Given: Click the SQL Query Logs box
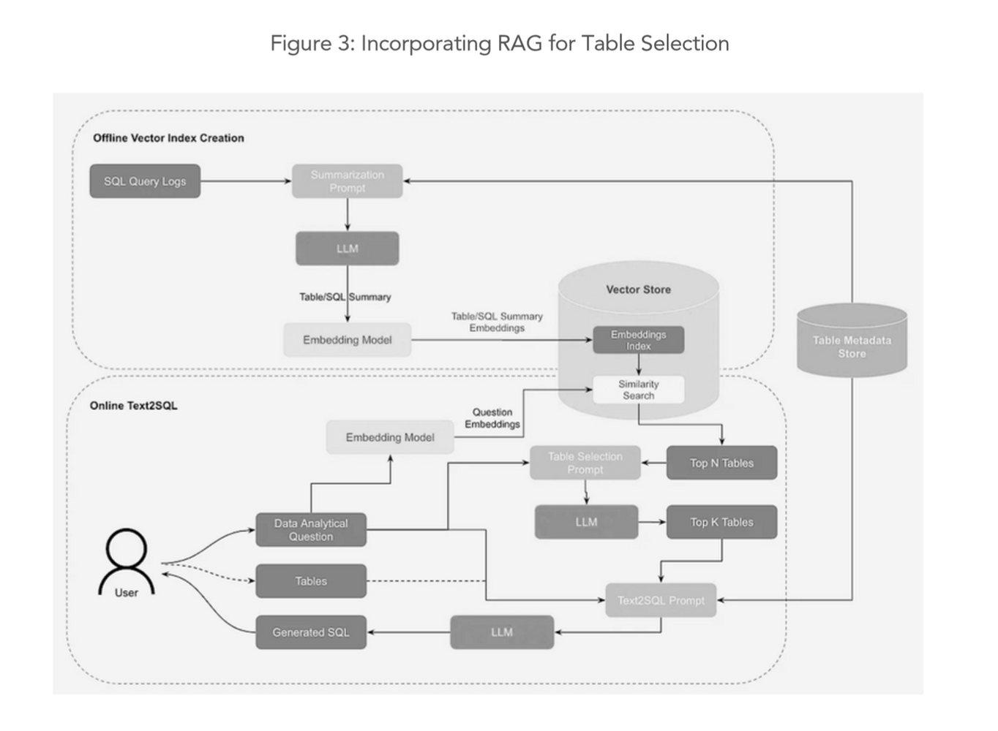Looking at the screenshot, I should click(x=145, y=181).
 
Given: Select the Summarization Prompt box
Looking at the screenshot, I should click(x=347, y=181).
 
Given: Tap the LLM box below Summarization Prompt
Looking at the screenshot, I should click(x=347, y=249).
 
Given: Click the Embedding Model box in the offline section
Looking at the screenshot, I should click(x=347, y=340).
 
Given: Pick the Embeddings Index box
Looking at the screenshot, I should click(x=638, y=340).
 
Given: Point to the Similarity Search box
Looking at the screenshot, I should click(x=638, y=390).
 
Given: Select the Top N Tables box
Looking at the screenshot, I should click(x=721, y=463).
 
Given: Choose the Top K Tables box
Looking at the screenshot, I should click(x=721, y=522).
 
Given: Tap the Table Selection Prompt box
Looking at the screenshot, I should click(x=585, y=463).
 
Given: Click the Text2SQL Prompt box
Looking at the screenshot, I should click(x=661, y=600).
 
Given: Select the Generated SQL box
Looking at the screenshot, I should click(x=311, y=632).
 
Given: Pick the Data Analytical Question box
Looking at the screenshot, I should click(x=311, y=530).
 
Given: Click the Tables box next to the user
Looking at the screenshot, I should click(x=311, y=581).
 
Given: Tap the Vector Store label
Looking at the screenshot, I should click(x=638, y=289).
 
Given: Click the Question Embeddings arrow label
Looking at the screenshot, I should click(x=492, y=418).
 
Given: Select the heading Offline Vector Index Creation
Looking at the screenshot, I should click(x=168, y=138).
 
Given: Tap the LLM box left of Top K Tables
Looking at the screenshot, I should click(x=586, y=522).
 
